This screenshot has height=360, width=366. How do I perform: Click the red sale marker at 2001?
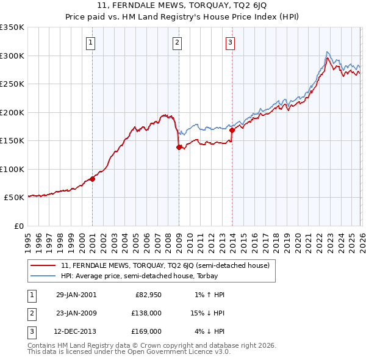pos(93,179)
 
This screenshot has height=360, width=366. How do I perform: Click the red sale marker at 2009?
pos(179,147)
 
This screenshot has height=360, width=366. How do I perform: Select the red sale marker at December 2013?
pos(232,130)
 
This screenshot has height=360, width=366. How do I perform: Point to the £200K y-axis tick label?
pos(12,112)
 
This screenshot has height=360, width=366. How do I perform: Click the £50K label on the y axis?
pos(14,198)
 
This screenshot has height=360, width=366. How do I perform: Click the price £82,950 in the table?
pos(148,295)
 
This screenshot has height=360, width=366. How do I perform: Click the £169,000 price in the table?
pos(146,332)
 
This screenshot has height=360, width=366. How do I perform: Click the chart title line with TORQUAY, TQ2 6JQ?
pos(182,7)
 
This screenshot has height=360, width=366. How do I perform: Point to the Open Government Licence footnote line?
pos(129,352)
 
